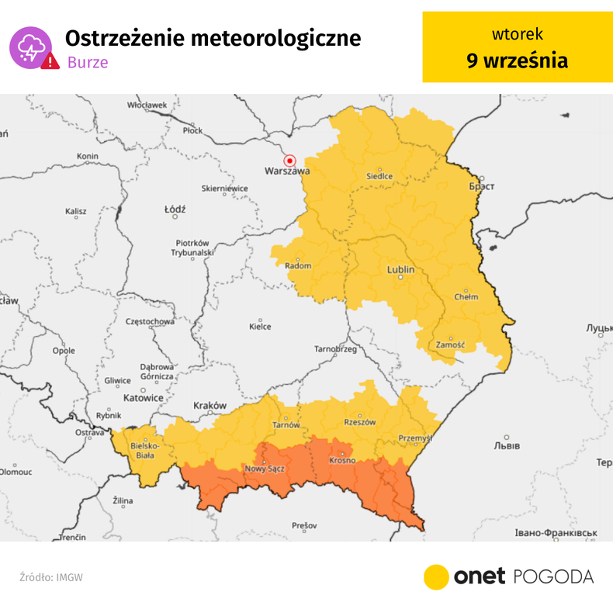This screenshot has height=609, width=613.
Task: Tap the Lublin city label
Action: (400, 270)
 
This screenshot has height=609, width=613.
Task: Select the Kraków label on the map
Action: (210, 406)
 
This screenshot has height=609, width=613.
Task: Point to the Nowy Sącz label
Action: (265, 469)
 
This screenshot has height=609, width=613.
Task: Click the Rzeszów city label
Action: (359, 423)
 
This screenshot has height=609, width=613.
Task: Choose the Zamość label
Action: (449, 344)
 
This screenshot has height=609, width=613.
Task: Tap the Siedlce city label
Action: (379, 176)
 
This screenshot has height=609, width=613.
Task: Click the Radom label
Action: (298, 266)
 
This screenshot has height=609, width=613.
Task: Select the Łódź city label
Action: (175, 210)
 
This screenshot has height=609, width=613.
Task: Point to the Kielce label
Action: (260, 327)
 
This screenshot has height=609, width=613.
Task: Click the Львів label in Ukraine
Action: (507, 446)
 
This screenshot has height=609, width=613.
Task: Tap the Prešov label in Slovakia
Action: (304, 526)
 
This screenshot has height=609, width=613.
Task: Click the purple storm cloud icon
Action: (29, 47)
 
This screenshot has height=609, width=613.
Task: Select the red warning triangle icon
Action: (50, 61)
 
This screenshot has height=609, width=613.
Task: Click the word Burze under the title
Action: (86, 62)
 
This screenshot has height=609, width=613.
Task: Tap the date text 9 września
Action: (517, 61)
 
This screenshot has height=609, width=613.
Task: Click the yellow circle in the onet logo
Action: (436, 576)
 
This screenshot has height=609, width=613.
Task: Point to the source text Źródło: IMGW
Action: (51, 577)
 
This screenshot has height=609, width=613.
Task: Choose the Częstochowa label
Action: (150, 321)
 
